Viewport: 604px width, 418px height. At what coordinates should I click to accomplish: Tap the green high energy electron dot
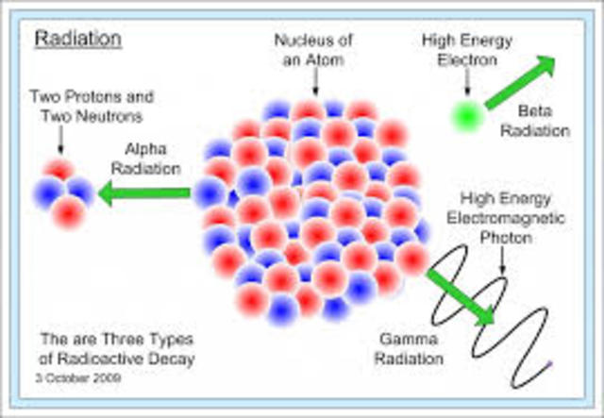(465, 113)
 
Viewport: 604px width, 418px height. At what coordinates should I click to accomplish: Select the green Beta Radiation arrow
(521, 82)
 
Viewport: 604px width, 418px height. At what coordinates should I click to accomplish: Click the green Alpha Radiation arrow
(144, 194)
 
